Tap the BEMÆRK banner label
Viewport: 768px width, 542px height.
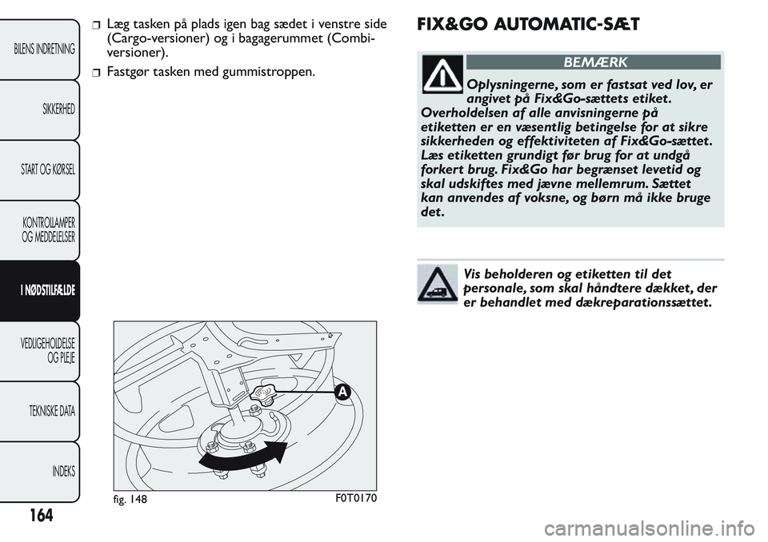coord(594,62)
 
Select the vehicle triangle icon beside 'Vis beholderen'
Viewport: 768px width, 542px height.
coord(437,284)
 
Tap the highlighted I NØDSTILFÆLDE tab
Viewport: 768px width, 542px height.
coord(46,290)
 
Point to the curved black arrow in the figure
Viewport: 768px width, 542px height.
coord(243,456)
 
